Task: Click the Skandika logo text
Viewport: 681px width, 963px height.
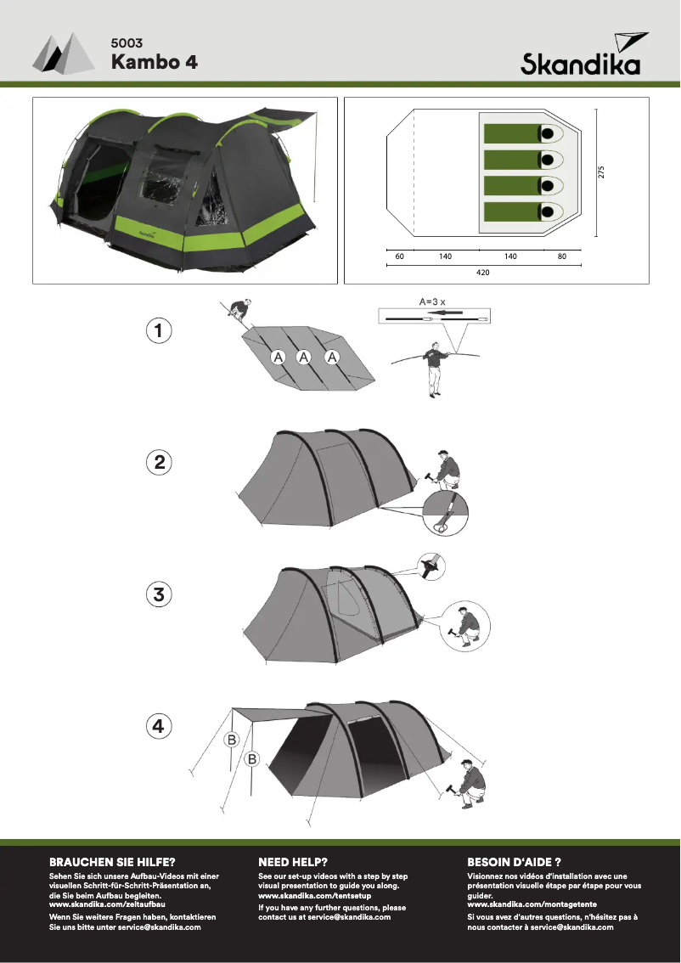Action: tap(581, 65)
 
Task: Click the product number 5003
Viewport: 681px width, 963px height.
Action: tap(126, 42)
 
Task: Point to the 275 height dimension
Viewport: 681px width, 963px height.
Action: tap(601, 172)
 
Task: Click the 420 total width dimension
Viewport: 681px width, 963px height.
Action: tap(482, 273)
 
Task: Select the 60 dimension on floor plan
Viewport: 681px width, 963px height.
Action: tap(399, 256)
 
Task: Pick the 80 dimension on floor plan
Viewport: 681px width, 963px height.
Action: tap(562, 256)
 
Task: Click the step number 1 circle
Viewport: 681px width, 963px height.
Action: tap(158, 330)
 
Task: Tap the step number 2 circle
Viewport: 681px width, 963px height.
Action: tap(158, 463)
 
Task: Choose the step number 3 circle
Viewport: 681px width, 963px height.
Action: tap(158, 595)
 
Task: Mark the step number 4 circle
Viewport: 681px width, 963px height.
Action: tap(158, 727)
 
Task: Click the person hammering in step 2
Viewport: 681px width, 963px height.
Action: tap(445, 469)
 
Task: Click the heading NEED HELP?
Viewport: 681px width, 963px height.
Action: tap(293, 861)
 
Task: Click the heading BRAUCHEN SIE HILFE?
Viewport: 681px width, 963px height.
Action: tap(112, 861)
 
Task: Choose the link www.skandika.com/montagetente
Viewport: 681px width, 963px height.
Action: tap(520, 905)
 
